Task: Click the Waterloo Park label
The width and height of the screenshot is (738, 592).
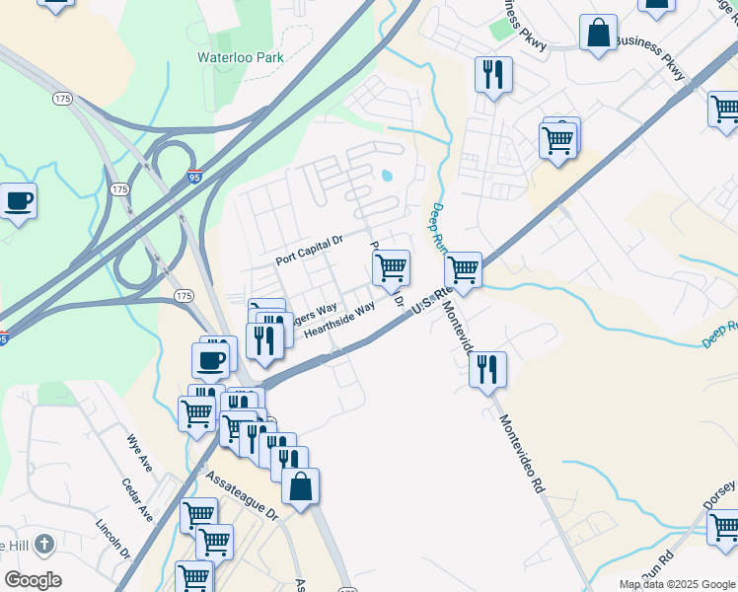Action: click(x=240, y=57)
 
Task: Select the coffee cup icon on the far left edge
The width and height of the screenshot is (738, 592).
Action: click(x=18, y=201)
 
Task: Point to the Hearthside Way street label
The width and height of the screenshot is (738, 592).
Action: click(x=339, y=321)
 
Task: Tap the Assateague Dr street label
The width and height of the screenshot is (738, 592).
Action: click(x=242, y=494)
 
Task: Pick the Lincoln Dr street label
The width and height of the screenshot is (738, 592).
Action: click(x=113, y=538)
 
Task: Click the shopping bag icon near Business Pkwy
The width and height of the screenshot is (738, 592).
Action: click(x=598, y=34)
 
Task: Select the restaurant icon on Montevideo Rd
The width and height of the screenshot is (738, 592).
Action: click(x=487, y=370)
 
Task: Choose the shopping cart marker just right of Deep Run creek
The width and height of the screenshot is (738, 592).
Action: click(x=463, y=268)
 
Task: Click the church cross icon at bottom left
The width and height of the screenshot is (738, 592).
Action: click(x=43, y=544)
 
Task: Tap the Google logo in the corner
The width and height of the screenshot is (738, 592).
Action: click(x=33, y=580)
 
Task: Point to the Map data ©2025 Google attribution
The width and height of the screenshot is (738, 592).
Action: click(x=676, y=584)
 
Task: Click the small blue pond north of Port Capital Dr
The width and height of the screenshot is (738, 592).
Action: click(x=386, y=177)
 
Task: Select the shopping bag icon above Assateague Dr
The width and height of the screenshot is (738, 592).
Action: click(x=301, y=486)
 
